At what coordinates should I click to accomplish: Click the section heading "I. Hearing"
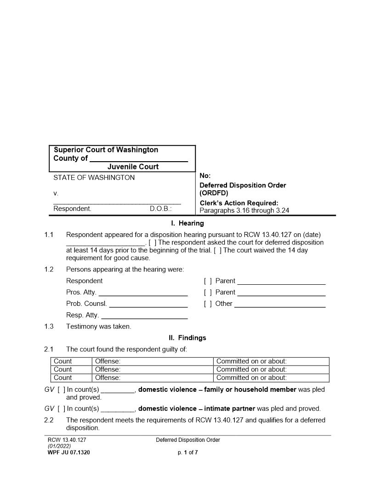[187, 224]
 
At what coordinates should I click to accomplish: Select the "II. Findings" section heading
[187, 338]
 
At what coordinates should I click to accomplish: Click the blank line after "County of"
[139, 159]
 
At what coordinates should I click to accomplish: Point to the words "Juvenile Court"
[133, 167]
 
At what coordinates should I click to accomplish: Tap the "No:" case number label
[205, 176]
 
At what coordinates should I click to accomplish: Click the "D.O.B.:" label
[160, 209]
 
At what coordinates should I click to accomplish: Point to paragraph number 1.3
[49, 327]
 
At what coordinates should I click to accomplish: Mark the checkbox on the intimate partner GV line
[61, 409]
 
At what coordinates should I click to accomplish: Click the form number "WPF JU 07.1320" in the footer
[69, 452]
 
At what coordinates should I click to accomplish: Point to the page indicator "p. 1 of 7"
[187, 452]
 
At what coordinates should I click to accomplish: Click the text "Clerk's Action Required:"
[239, 203]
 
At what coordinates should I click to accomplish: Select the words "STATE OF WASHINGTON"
[94, 178]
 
